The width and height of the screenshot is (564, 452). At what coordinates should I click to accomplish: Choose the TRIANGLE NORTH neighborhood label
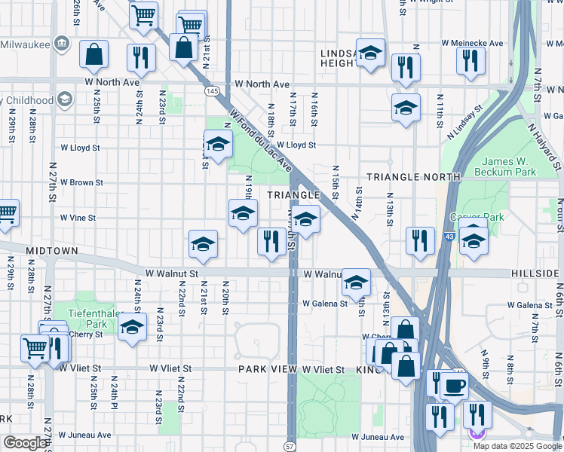coord(413,177)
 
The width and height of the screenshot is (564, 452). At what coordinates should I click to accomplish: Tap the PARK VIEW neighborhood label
coord(268,370)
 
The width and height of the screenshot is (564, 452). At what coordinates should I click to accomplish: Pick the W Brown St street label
coord(81,182)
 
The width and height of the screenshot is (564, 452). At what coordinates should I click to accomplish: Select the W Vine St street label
coord(78,218)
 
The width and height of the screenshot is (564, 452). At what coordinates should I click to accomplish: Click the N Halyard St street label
coord(544,146)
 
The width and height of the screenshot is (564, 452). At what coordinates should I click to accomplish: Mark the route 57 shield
coord(291,446)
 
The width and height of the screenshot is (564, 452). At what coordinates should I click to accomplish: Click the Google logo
coord(24,443)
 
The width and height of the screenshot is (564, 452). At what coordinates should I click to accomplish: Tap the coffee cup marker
coord(454,386)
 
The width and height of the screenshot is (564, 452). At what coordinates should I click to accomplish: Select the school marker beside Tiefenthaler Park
coord(132,328)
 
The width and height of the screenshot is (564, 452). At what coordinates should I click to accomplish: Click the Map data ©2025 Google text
coord(517,445)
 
